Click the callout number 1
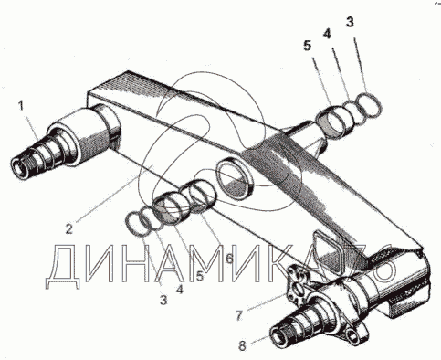[21, 106]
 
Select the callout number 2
[69, 228]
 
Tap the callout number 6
[229, 259]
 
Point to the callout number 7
[239, 316]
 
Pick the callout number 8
[242, 345]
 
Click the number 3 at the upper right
[350, 22]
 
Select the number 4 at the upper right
[327, 34]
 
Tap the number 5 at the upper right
[308, 46]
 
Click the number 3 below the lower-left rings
[163, 301]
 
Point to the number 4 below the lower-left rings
[180, 289]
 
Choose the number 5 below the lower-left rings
[199, 276]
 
